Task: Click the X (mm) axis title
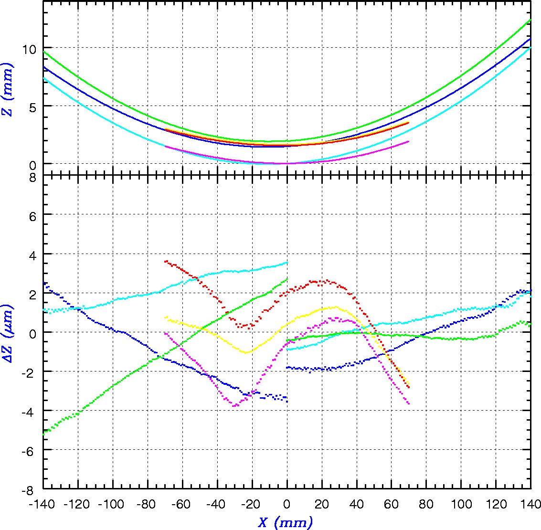[285, 522]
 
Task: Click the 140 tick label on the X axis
[530, 504]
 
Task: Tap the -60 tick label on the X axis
[182, 504]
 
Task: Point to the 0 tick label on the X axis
[287, 504]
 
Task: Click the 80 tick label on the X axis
[426, 504]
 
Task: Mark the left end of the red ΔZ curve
[165, 261]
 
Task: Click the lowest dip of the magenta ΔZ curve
[235, 405]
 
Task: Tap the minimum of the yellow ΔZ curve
[246, 353]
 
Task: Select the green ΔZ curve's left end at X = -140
[44, 434]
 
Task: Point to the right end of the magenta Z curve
[409, 141]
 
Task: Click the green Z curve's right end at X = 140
[530, 20]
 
